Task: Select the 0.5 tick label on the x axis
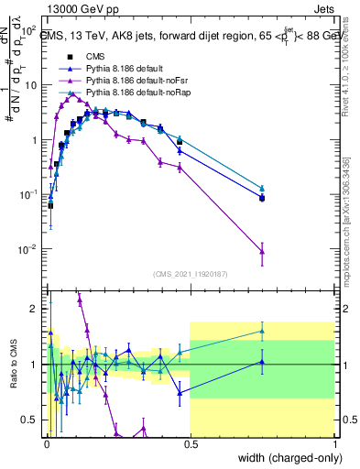190,443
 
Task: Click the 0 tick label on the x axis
45,443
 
